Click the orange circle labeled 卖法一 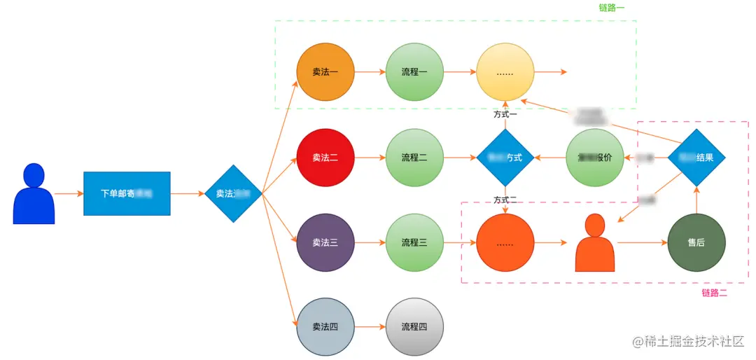[x=325, y=72]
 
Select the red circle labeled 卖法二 [x=325, y=158]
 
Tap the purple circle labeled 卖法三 [x=325, y=243]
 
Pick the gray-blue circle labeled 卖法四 [x=325, y=327]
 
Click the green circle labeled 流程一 [x=414, y=72]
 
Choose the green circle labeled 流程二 [x=414, y=158]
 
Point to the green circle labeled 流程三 [x=414, y=243]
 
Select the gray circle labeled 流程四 [x=414, y=327]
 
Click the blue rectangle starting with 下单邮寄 [x=127, y=193]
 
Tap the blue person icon [x=34, y=195]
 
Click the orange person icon [x=595, y=244]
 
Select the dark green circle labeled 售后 [x=696, y=243]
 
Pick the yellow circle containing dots [x=505, y=72]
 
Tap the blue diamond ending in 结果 [x=696, y=158]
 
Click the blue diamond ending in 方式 [x=505, y=158]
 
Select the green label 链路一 [x=612, y=8]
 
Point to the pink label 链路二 [x=715, y=293]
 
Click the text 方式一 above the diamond [x=505, y=113]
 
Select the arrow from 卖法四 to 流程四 [x=370, y=327]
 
